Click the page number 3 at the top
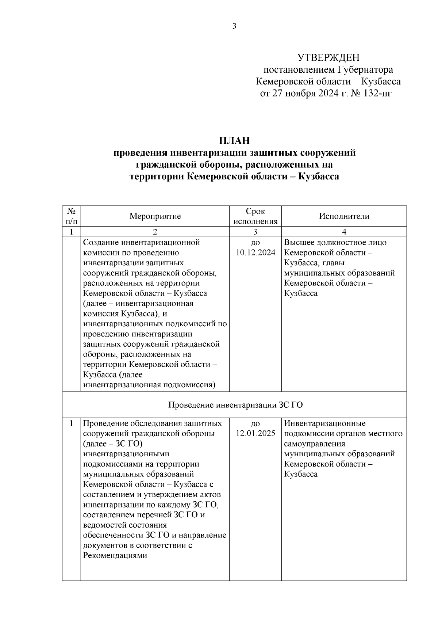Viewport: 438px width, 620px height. pos(234,26)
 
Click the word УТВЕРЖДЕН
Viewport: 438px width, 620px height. pos(328,58)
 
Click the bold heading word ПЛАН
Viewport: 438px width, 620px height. pos(234,140)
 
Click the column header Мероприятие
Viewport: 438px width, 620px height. pos(155,216)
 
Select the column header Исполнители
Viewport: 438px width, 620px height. pos(344,216)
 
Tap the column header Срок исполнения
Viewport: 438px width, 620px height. pos(255,216)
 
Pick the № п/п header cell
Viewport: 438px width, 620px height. pos(72,216)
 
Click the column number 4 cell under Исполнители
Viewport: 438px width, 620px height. pos(344,232)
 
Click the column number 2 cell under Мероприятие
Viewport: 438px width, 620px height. pos(155,232)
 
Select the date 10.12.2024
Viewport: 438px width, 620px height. pos(255,253)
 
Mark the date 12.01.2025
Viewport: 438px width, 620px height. pos(255,434)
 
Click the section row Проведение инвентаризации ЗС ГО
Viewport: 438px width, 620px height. pos(235,405)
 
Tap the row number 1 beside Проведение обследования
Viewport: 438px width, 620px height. pos(72,423)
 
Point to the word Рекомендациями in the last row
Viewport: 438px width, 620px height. pos(115,556)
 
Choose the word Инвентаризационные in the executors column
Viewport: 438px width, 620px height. pos(324,423)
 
